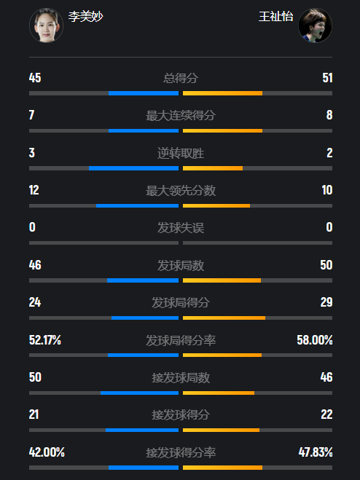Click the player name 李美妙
(x=85, y=17)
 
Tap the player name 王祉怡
(x=275, y=17)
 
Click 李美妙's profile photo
(x=46, y=25)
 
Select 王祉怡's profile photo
(x=315, y=25)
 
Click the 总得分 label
(x=181, y=78)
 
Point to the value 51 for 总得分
(x=327, y=78)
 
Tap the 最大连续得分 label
(x=181, y=116)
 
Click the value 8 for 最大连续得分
(x=329, y=115)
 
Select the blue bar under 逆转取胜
(x=133, y=168)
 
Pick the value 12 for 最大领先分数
(x=34, y=190)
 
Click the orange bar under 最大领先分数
(x=216, y=205)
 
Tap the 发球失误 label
(x=181, y=228)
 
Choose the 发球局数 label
(x=181, y=265)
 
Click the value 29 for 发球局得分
(x=326, y=302)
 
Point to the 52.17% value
(x=45, y=340)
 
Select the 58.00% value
(x=315, y=340)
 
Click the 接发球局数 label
(x=181, y=378)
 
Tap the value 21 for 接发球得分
(x=34, y=414)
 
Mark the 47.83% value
(x=316, y=452)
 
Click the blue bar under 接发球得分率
(x=144, y=468)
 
